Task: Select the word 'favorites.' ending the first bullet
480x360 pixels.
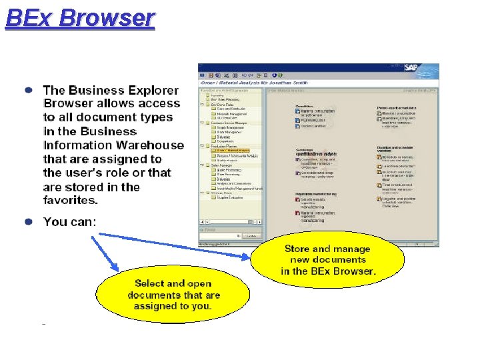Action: tap(71, 200)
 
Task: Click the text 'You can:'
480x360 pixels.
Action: tap(70, 221)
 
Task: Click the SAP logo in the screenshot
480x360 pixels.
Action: tap(427, 68)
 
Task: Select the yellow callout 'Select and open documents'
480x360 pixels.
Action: tap(173, 295)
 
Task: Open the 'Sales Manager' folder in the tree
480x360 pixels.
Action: tap(226, 165)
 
